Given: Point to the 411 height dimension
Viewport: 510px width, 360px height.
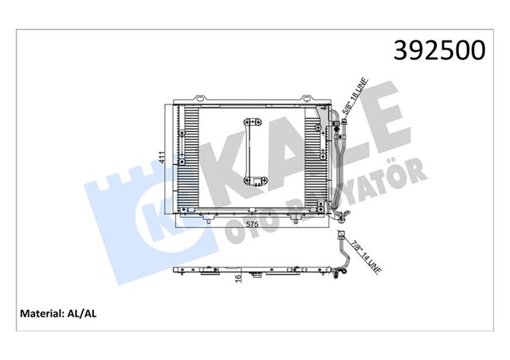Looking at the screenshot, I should pyautogui.click(x=162, y=158).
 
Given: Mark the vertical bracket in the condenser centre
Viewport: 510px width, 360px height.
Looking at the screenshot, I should pyautogui.click(x=254, y=151).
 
